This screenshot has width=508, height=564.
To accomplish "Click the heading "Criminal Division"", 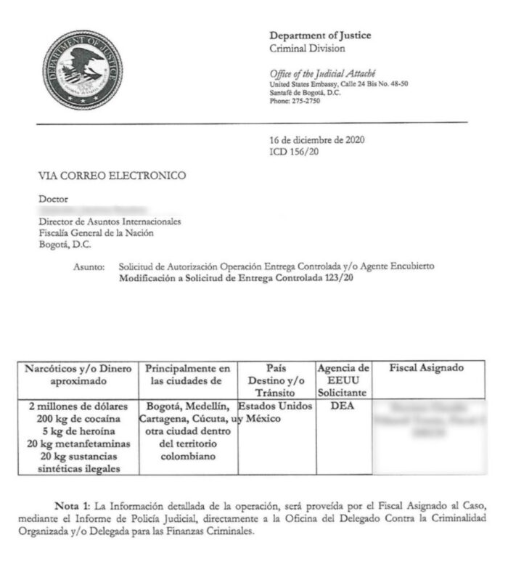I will pos(307,49).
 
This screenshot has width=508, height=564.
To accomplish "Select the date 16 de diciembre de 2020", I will pos(316,140).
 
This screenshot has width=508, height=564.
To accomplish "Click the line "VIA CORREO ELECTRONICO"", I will pos(112,175).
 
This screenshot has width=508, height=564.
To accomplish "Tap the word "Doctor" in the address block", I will pos(53,198).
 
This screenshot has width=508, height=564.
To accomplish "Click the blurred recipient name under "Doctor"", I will pos(87,210).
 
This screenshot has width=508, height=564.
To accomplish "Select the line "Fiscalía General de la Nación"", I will pos(96,233).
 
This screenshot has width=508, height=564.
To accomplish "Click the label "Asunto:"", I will pos(89,267).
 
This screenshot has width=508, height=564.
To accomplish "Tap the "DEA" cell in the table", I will pos(343,406).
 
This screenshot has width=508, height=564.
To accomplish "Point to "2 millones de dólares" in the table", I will pos(78,406).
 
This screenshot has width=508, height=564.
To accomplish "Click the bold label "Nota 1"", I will pos(77,505).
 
